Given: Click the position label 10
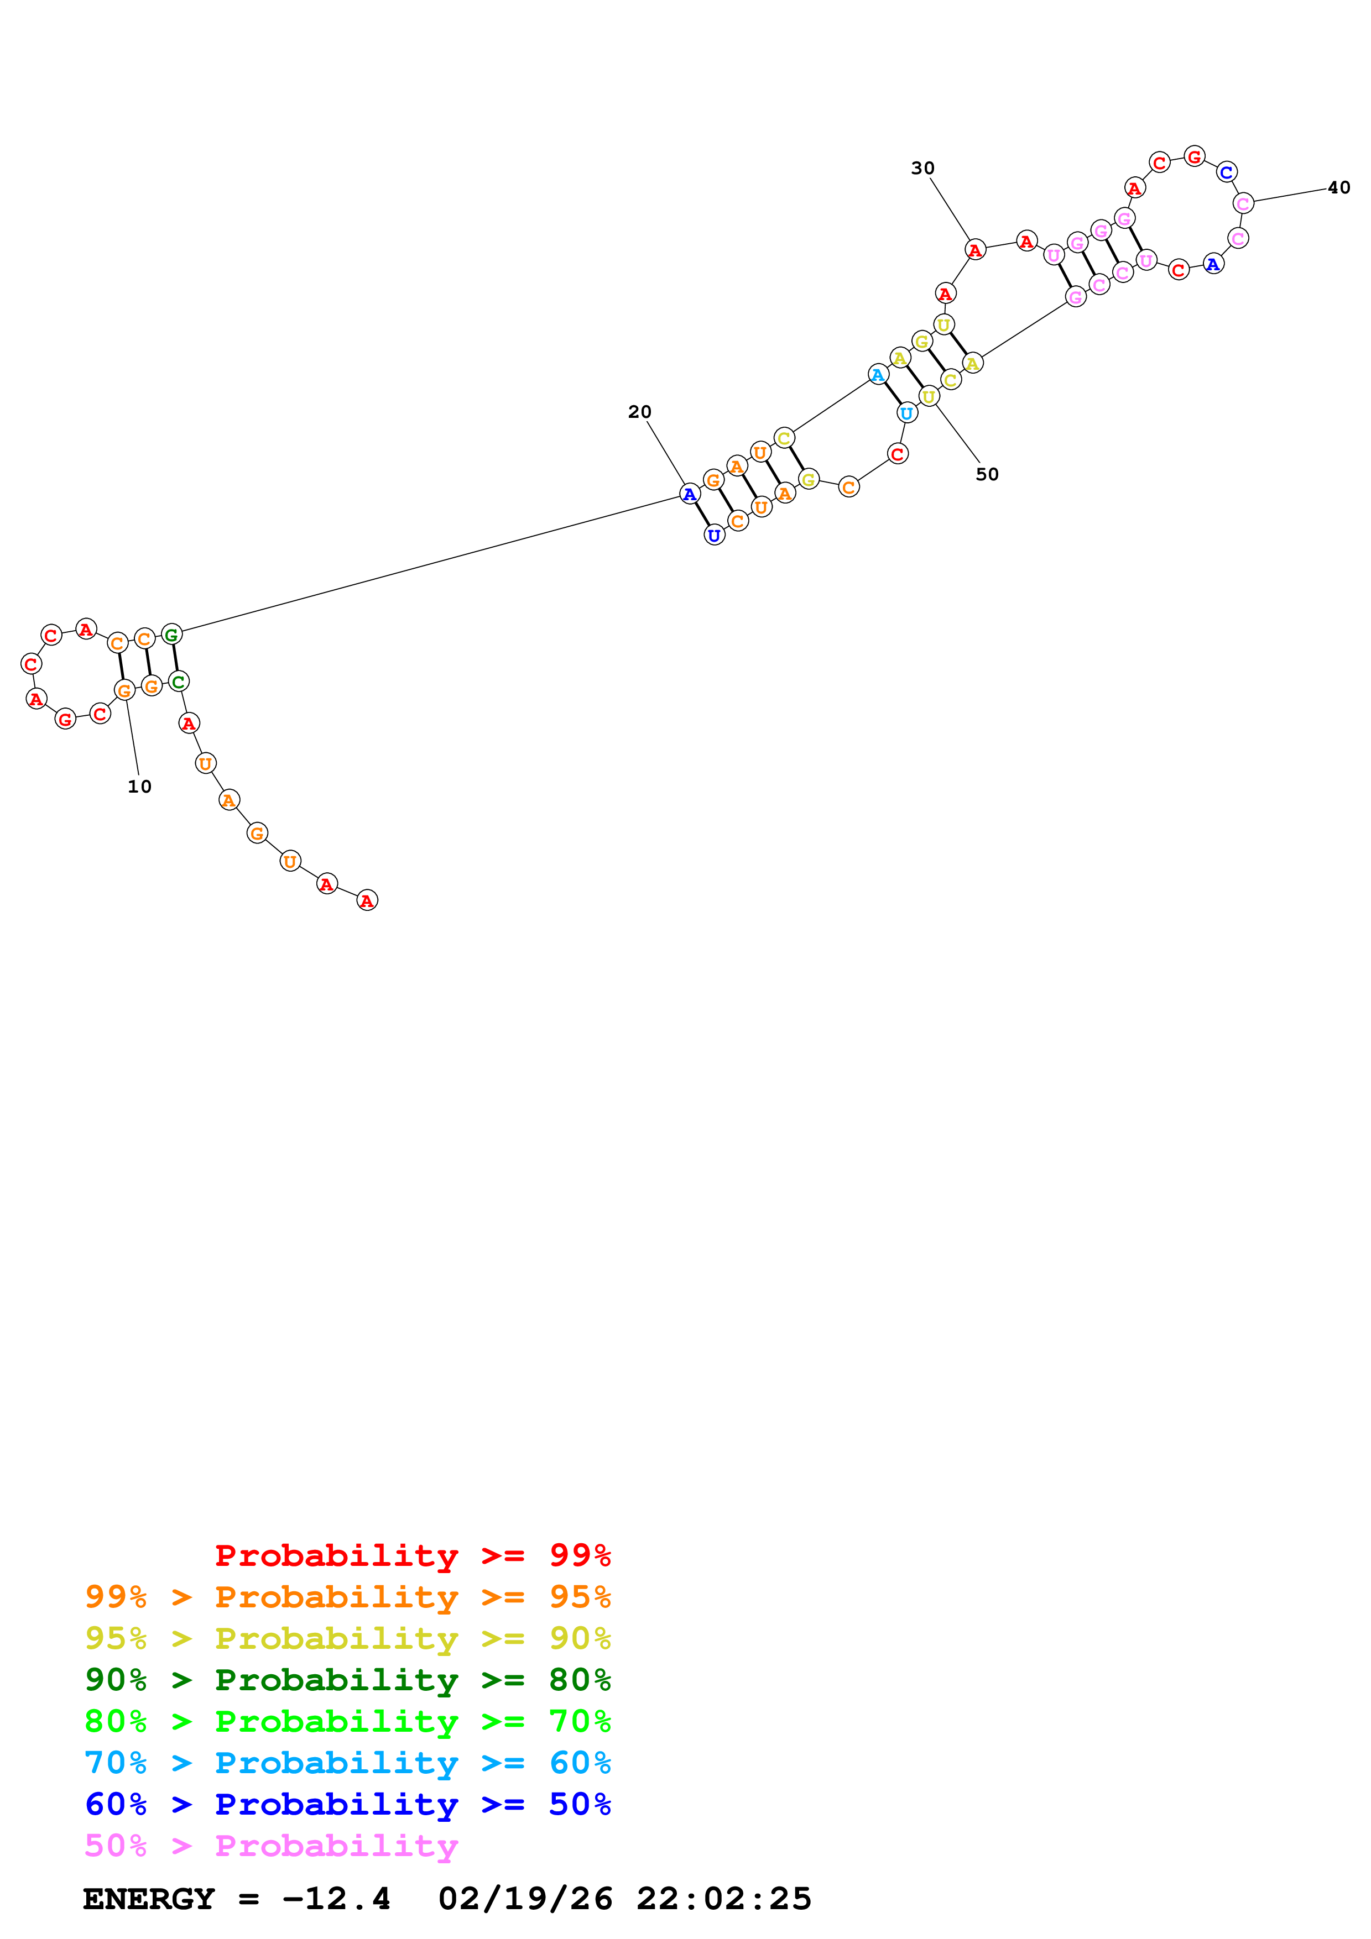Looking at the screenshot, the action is click(x=139, y=786).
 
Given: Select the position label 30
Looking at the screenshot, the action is click(x=922, y=168).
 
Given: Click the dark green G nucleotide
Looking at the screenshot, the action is click(x=171, y=634).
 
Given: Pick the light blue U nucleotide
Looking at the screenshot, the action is click(x=906, y=413).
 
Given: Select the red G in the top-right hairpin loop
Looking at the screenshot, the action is click(x=1193, y=156).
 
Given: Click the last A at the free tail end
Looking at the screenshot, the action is click(x=367, y=900).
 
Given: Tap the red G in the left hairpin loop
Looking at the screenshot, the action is click(x=65, y=720).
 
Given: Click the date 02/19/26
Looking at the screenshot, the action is click(x=525, y=1899).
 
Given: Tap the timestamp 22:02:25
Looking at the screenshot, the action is click(x=724, y=1899).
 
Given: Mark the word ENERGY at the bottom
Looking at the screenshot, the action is click(x=149, y=1899).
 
